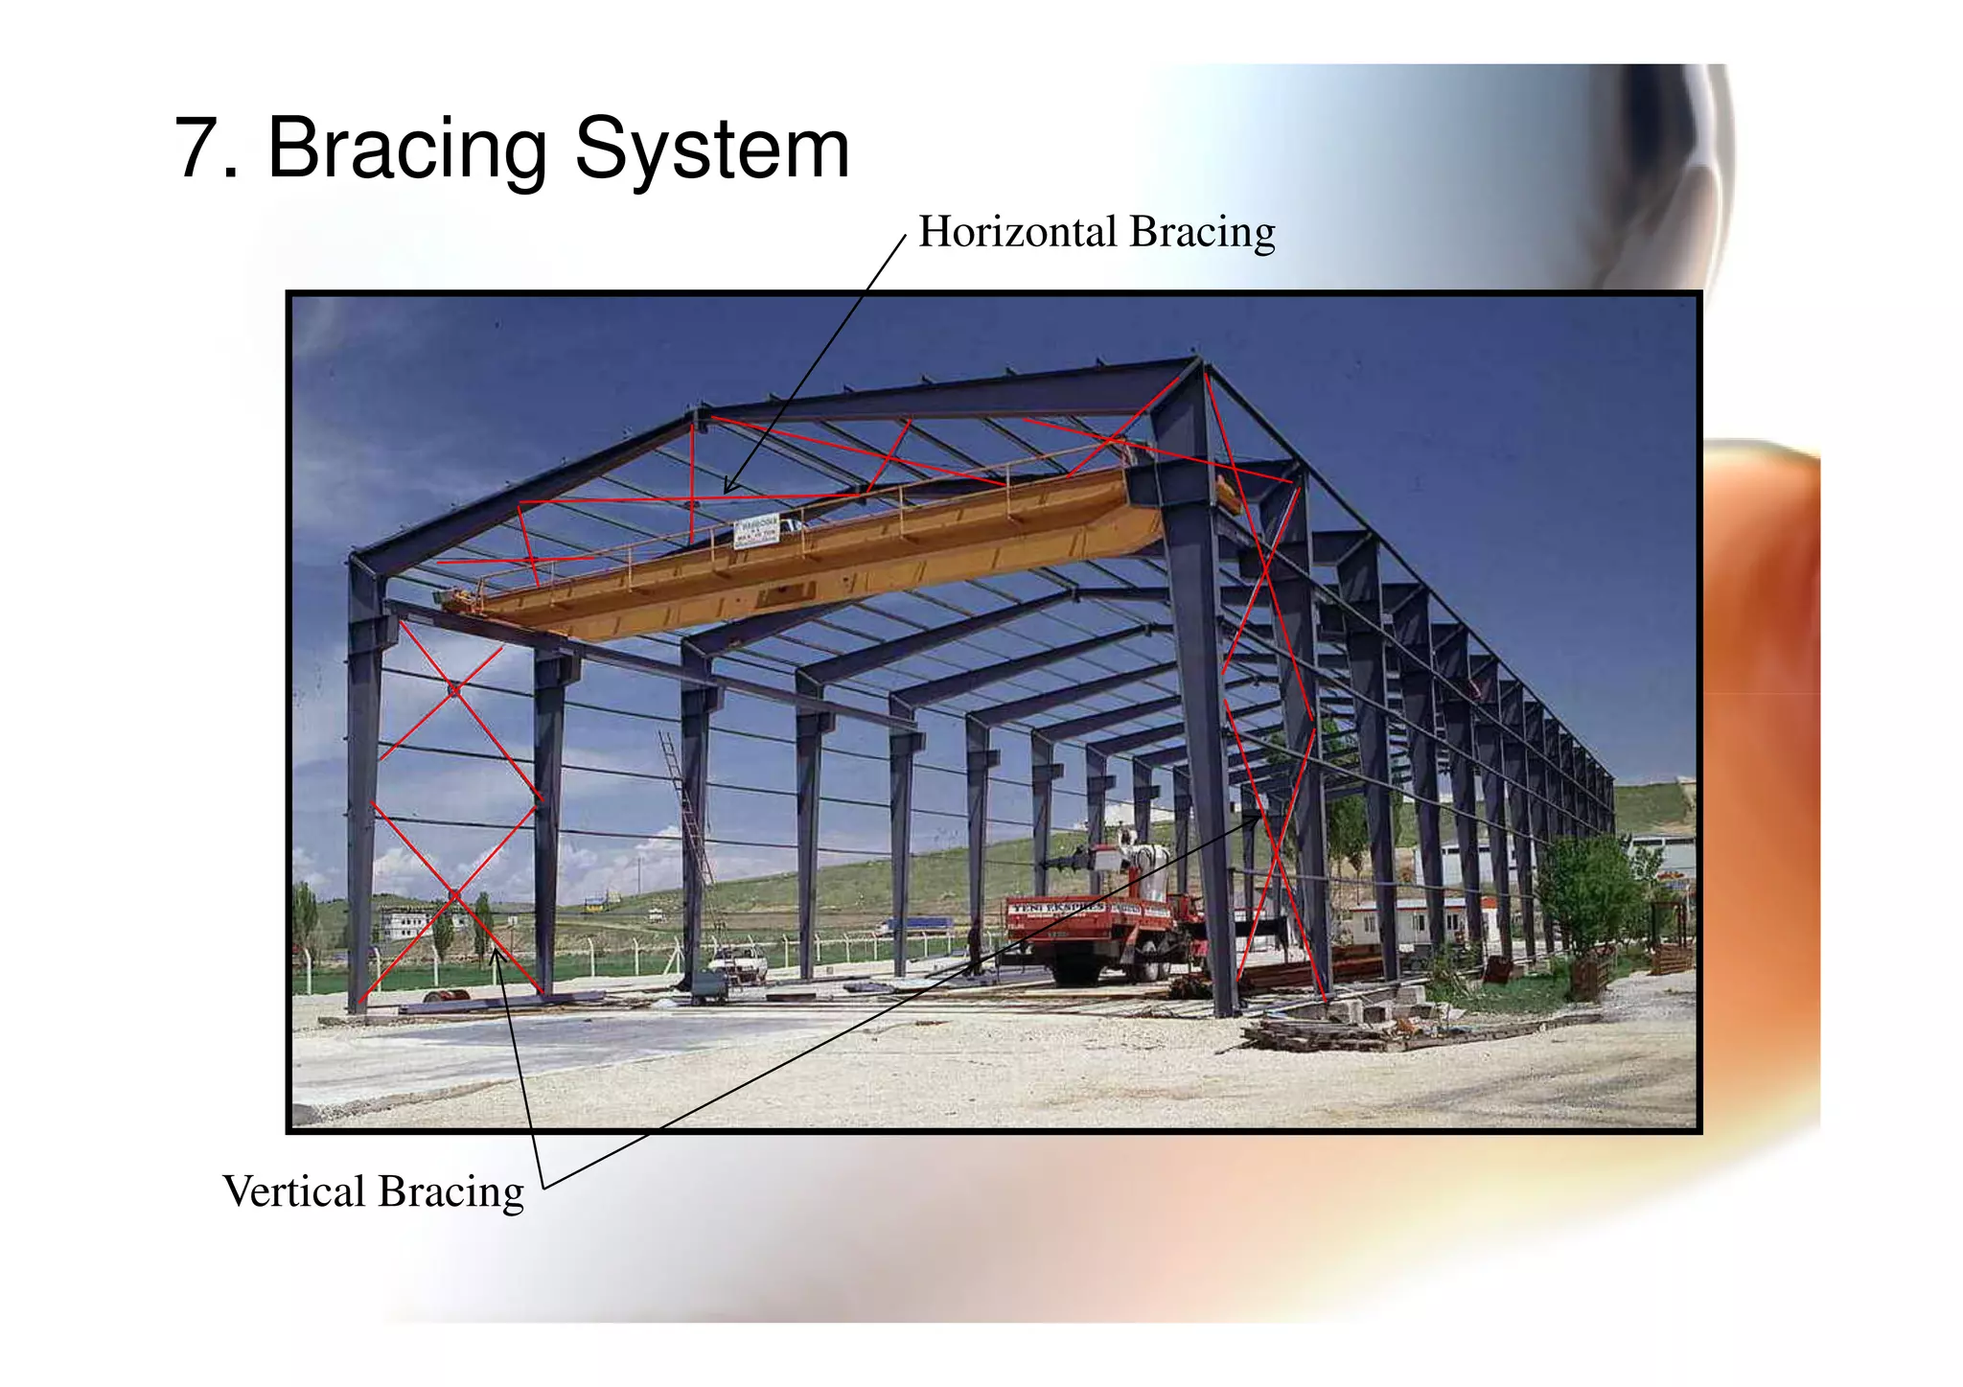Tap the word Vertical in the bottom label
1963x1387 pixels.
[x=293, y=1191]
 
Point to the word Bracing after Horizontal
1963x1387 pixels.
[x=1202, y=233]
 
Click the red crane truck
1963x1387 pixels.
[x=1102, y=935]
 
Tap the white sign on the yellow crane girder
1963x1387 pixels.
[x=756, y=530]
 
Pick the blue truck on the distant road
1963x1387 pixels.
[x=915, y=925]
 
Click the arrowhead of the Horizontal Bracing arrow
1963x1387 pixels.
[x=727, y=490]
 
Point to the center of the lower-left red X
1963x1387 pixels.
[x=454, y=896]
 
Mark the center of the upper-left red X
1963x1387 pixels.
[x=454, y=688]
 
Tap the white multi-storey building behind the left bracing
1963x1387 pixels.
[x=407, y=922]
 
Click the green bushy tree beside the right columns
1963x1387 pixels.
[x=1591, y=891]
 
